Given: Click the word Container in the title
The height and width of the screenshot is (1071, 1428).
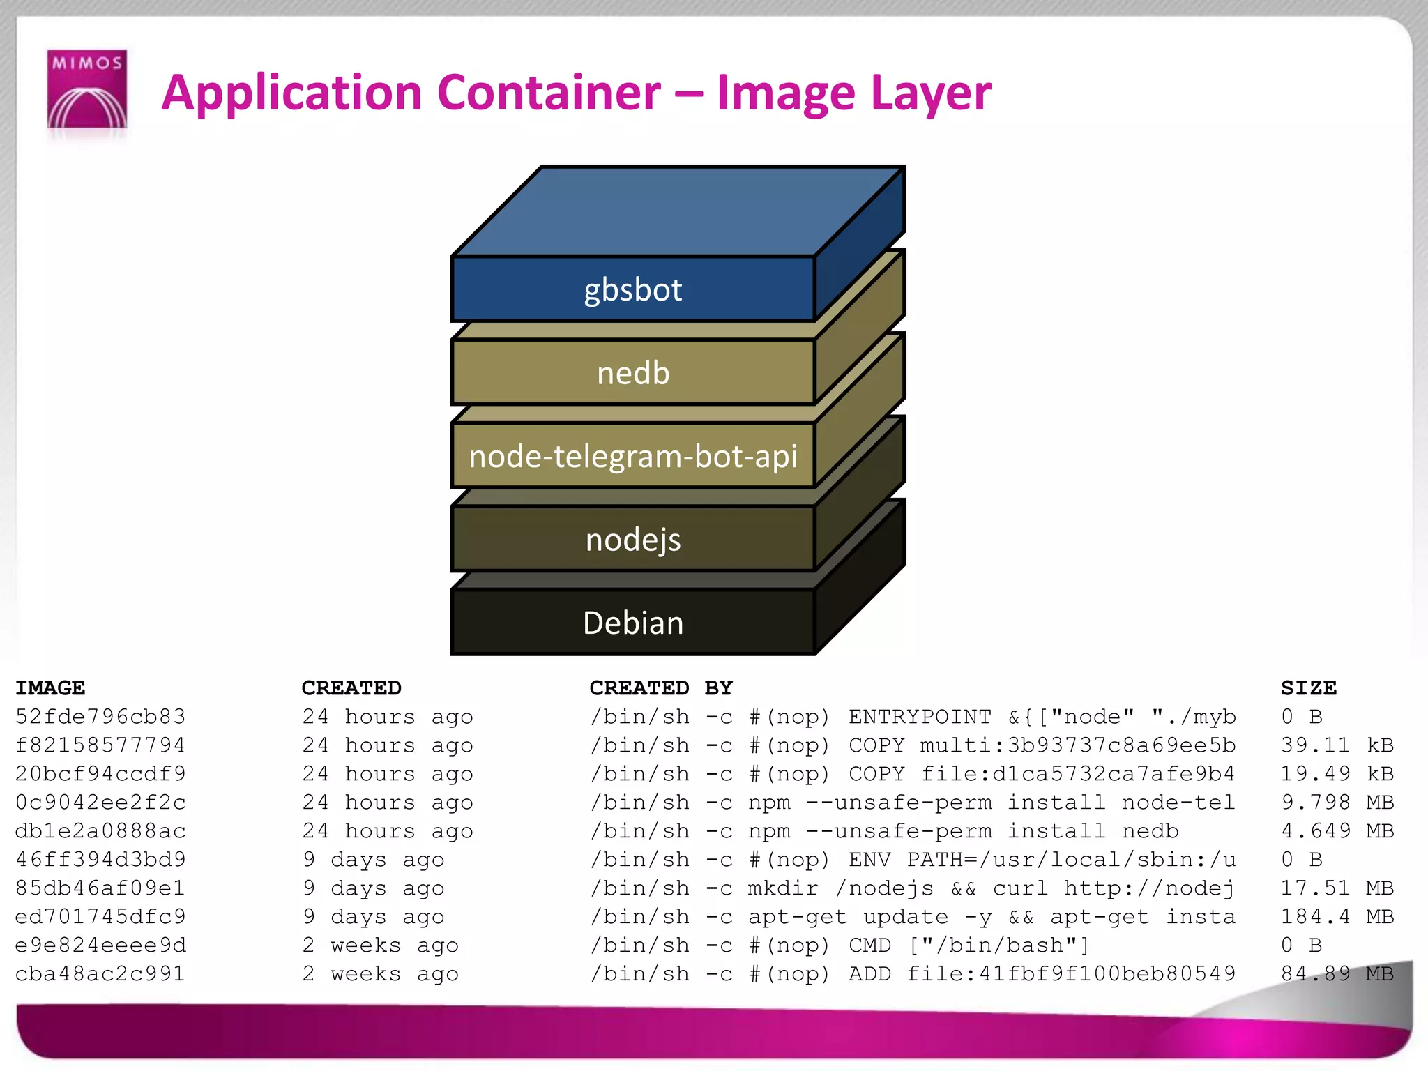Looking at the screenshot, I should point(549,93).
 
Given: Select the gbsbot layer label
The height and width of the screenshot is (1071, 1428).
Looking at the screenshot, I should point(632,289).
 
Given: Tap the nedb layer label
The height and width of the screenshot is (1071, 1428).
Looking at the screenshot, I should point(632,373).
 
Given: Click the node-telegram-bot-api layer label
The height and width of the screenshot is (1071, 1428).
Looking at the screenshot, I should point(632,457).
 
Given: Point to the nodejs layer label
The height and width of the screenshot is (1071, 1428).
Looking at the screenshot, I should point(632,540).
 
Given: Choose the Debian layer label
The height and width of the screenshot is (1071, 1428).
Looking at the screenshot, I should point(632,623).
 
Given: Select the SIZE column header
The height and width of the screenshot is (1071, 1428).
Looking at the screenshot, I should point(1308,688).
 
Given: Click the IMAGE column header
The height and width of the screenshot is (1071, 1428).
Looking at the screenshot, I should point(50,688).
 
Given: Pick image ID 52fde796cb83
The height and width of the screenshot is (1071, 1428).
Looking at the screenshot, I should point(100,717).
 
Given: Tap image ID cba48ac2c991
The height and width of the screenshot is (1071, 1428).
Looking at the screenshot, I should point(100,974).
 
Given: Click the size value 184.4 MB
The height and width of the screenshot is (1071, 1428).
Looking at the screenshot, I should point(1337,917).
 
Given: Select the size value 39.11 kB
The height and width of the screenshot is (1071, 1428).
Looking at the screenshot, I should point(1337,745).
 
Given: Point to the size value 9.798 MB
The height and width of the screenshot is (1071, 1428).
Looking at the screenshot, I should point(1337,803).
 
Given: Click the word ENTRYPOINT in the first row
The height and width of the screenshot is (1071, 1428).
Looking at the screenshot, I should point(920,717).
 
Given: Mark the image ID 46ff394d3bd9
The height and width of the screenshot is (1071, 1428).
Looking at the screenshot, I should point(100,860).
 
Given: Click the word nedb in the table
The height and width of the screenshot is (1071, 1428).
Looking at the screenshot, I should point(1150,831).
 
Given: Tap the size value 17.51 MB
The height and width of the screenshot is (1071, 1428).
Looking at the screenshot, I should point(1337,888).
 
